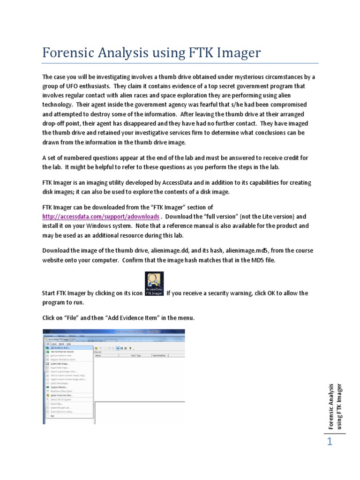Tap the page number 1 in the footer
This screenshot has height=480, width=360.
click(x=330, y=442)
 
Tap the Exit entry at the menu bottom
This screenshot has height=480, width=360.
click(x=52, y=415)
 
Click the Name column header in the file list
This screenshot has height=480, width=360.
click(x=98, y=356)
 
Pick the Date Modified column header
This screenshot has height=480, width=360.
click(x=159, y=356)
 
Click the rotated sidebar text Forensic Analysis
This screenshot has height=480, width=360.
click(x=330, y=406)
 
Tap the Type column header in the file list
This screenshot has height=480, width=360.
click(x=139, y=356)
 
